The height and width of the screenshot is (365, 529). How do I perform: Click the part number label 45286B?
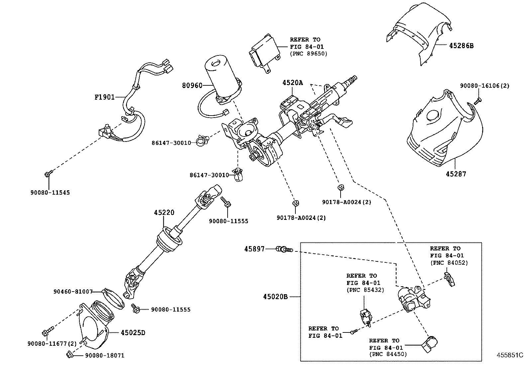click(x=461, y=46)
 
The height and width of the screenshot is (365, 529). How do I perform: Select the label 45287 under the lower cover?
click(x=456, y=174)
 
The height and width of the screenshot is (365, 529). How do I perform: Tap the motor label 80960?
click(x=192, y=86)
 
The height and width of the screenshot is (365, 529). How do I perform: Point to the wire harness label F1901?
click(x=105, y=97)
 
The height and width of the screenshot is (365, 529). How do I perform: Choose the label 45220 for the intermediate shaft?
click(x=164, y=213)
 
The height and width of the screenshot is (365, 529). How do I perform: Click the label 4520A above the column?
click(x=293, y=83)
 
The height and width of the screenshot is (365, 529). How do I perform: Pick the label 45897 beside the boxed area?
click(x=255, y=249)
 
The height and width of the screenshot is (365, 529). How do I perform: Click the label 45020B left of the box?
click(x=275, y=297)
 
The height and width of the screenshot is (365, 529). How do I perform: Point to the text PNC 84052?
click(x=449, y=263)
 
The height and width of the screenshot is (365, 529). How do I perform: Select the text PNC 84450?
click(x=388, y=354)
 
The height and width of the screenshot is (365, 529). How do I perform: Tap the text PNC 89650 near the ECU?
click(x=309, y=53)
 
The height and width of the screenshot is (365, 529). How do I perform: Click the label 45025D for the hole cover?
click(x=133, y=332)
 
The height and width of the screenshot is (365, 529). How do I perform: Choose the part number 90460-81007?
click(x=73, y=291)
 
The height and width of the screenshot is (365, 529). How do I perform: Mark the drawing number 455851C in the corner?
click(x=510, y=355)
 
